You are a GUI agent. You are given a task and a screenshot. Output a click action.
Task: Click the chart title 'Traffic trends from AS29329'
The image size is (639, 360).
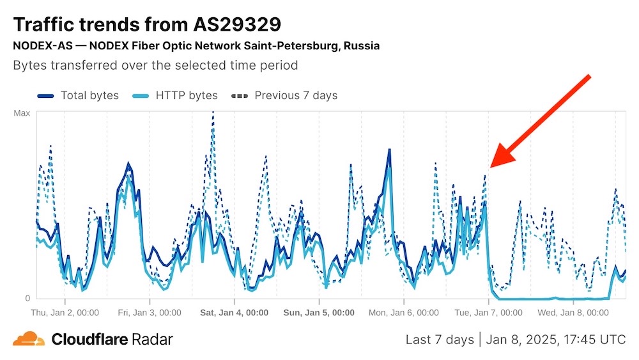pyautogui.click(x=147, y=24)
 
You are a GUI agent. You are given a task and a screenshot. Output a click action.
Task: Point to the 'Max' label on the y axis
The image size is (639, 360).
pyautogui.click(x=22, y=113)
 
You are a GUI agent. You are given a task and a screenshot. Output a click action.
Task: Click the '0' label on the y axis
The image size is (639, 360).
pyautogui.click(x=27, y=298)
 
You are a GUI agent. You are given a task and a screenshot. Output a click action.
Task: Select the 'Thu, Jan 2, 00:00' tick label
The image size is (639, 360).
pyautogui.click(x=65, y=313)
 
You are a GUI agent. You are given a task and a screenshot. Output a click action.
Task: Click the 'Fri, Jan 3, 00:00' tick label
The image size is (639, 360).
pyautogui.click(x=150, y=313)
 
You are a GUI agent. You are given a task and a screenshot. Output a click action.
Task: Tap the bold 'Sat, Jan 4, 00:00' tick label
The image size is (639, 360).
pyautogui.click(x=234, y=313)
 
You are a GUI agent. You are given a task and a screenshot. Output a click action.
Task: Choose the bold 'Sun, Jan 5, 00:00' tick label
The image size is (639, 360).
pyautogui.click(x=318, y=313)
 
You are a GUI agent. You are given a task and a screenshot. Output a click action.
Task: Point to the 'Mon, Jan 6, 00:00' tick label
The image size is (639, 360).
pyautogui.click(x=403, y=313)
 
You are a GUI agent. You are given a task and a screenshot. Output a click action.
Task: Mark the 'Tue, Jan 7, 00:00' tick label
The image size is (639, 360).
pyautogui.click(x=488, y=313)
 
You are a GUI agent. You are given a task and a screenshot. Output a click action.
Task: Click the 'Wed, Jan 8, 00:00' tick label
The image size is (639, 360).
pyautogui.click(x=573, y=313)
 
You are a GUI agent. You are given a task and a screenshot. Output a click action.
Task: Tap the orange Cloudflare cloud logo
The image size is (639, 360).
pyautogui.click(x=29, y=339)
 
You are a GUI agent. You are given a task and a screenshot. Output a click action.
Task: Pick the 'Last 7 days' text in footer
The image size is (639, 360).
pyautogui.click(x=440, y=340)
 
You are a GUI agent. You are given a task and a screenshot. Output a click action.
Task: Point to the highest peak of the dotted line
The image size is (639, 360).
pyautogui.click(x=212, y=114)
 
